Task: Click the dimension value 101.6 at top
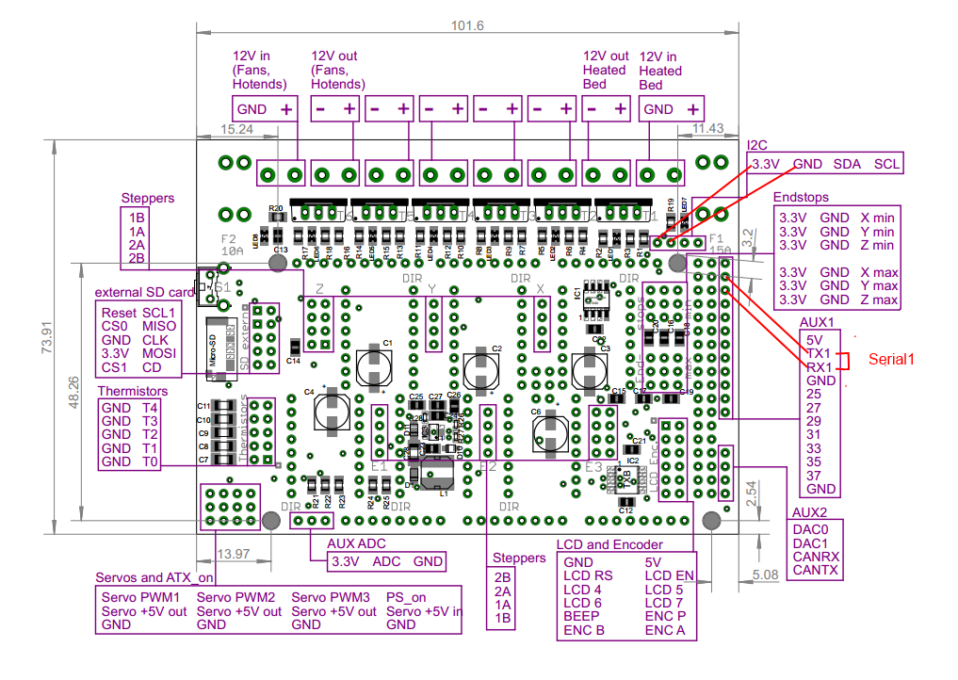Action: (x=468, y=25)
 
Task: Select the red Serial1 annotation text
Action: (x=891, y=360)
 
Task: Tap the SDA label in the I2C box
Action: (x=847, y=164)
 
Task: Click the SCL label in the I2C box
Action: (x=886, y=164)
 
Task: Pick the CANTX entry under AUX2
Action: (x=815, y=570)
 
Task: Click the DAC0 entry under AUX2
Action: (x=811, y=529)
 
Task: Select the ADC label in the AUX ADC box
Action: (x=386, y=562)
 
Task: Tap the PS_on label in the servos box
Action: (x=406, y=597)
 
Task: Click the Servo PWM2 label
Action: (x=236, y=597)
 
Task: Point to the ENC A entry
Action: (x=665, y=630)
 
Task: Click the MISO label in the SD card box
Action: (x=158, y=326)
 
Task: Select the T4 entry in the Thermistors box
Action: (x=150, y=408)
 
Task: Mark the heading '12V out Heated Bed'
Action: (x=606, y=70)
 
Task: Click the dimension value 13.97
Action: (x=233, y=554)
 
